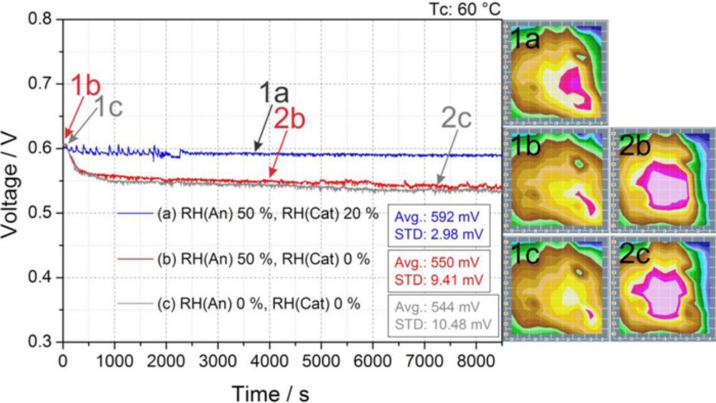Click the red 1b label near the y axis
point(85,87)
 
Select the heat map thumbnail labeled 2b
point(662,179)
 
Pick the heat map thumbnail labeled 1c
point(555,287)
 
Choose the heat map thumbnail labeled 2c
point(662,287)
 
